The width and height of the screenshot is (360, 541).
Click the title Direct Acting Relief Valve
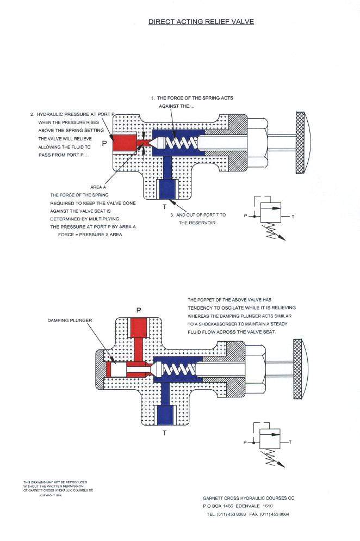pyautogui.click(x=201, y=22)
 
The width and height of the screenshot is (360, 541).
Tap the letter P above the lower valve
pyautogui.click(x=139, y=310)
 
